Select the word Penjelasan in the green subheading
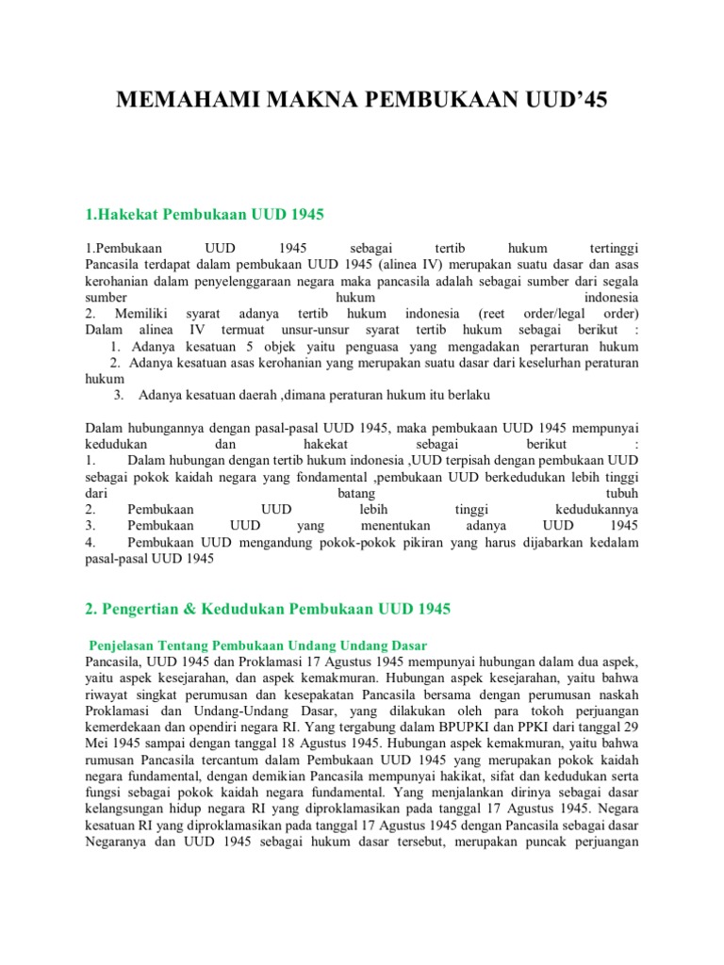tap(122, 645)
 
